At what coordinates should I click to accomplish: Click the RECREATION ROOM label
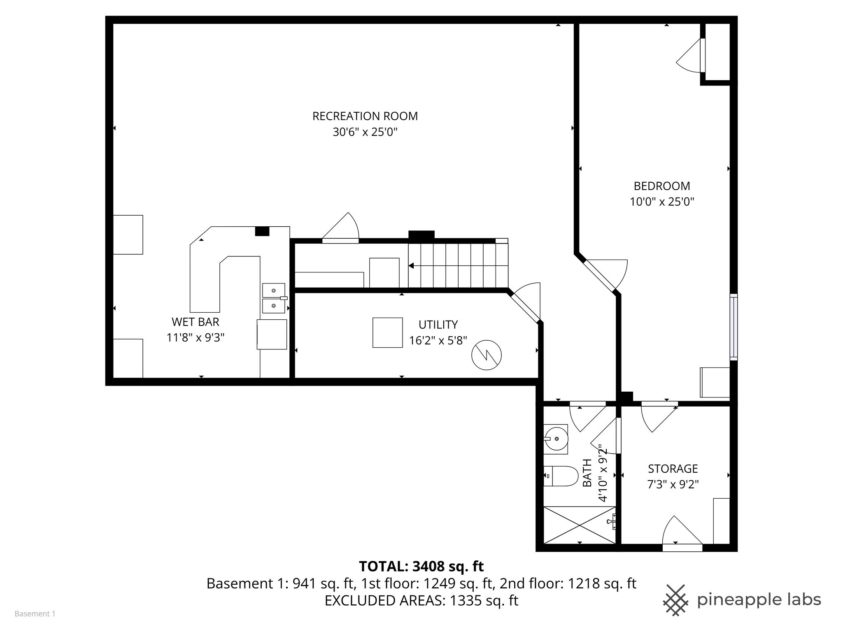point(365,116)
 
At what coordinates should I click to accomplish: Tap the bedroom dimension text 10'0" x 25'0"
point(662,202)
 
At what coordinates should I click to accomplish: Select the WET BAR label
point(195,322)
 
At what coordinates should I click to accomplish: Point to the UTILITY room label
point(438,325)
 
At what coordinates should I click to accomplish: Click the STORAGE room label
point(673,469)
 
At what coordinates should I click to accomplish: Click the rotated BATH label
point(587,473)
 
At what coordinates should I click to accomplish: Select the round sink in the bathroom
point(556,439)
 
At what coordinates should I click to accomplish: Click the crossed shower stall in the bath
point(580,525)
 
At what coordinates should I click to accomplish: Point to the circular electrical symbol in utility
point(487,355)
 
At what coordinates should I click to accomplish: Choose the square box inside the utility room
point(387,332)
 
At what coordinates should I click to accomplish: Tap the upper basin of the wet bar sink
point(273,290)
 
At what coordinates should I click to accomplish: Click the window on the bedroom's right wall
point(734,327)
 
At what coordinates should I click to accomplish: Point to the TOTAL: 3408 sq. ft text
point(421,567)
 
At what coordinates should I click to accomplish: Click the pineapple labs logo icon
point(675,600)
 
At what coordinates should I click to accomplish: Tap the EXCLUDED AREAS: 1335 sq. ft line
point(421,601)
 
